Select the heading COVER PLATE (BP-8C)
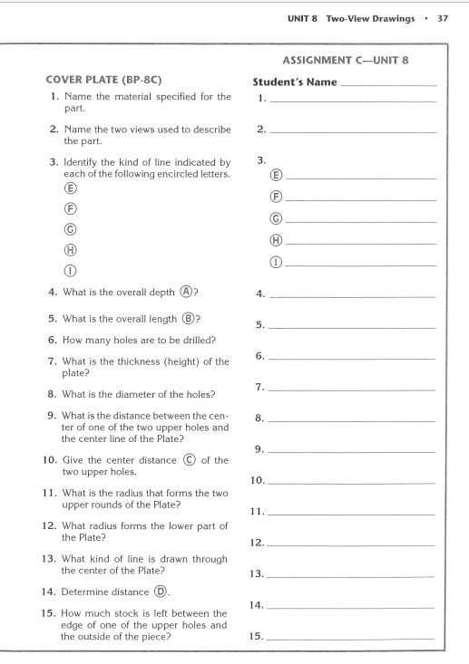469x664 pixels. [96, 83]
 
